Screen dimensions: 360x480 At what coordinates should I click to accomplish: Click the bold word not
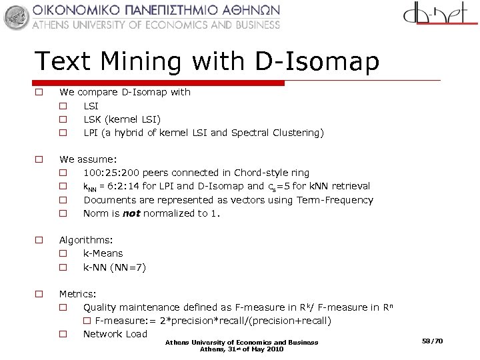coord(132,213)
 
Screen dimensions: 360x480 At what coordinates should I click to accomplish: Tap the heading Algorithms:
coord(85,241)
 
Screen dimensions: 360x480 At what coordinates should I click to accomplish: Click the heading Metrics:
coord(77,294)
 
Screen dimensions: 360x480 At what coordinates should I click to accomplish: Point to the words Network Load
coord(115,334)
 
